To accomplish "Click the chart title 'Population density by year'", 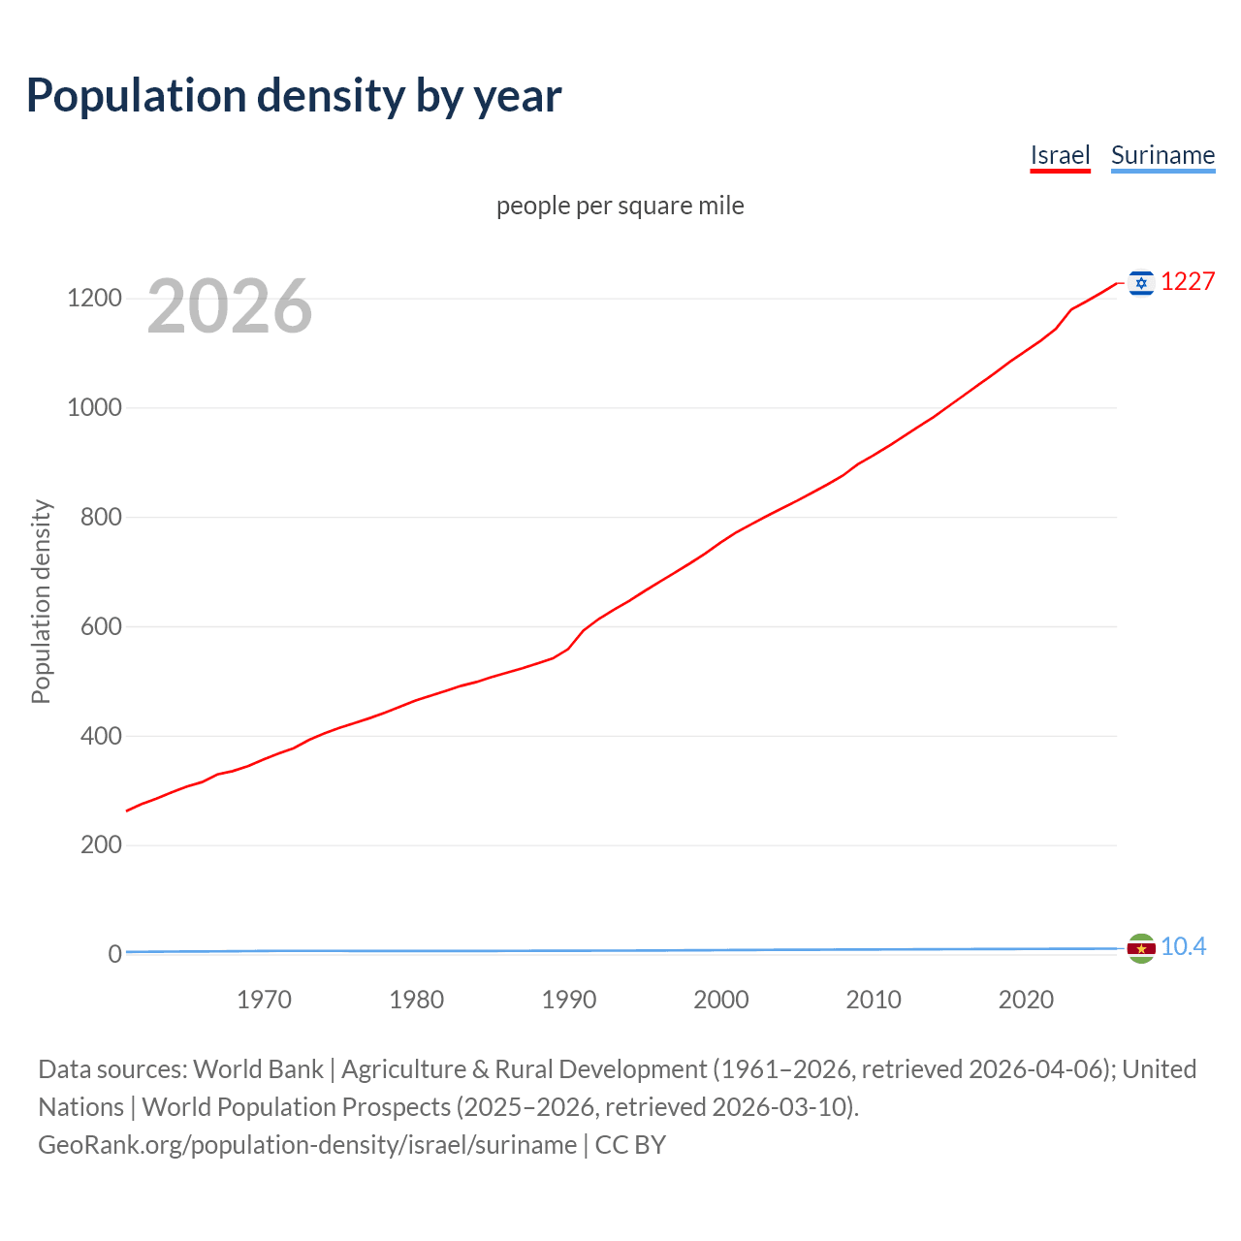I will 294,96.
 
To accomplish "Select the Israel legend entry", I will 1060,156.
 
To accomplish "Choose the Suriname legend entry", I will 1162,156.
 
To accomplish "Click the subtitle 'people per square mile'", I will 620,206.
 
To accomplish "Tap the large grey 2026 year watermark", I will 230,306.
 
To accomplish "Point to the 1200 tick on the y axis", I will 94,298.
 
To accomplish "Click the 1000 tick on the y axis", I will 94,407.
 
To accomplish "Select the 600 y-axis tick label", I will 100,626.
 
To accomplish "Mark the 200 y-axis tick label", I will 100,844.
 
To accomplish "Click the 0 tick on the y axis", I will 115,954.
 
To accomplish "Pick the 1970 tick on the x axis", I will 264,1000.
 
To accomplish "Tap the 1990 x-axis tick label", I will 569,1000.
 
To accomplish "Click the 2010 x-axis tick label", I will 874,1000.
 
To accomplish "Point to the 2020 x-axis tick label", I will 1026,1000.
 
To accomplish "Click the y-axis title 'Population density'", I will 41,601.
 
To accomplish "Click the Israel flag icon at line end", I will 1141,282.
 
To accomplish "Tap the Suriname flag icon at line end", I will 1141,948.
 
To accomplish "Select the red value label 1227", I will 1188,281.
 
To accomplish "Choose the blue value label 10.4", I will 1183,947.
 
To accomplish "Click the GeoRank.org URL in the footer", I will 307,1145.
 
